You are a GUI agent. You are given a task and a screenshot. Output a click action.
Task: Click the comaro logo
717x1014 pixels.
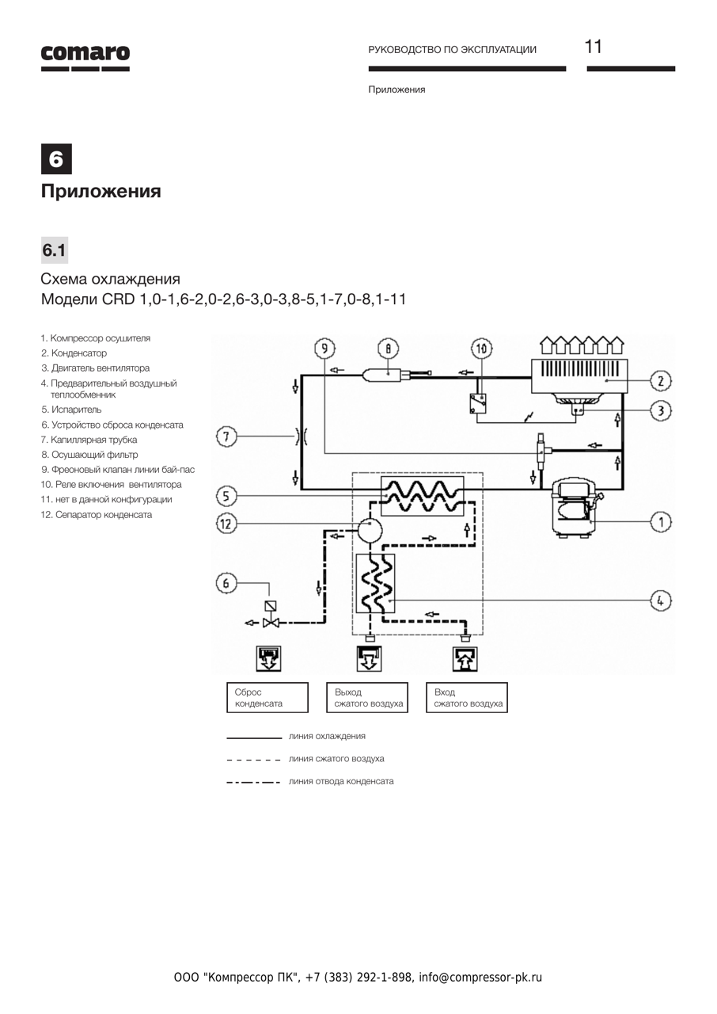(85, 58)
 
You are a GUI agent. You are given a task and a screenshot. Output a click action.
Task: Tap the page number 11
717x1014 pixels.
(593, 47)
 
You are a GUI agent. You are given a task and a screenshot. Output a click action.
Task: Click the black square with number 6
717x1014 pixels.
(56, 159)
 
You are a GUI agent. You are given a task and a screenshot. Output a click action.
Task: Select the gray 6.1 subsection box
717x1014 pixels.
(55, 250)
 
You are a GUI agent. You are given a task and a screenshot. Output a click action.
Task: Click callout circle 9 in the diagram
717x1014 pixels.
(324, 349)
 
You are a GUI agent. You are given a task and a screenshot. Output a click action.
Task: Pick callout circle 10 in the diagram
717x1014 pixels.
(482, 349)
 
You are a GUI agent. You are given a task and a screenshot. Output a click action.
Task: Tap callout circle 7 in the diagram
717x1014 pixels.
(226, 436)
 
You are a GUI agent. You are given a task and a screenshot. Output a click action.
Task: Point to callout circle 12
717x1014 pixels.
(226, 524)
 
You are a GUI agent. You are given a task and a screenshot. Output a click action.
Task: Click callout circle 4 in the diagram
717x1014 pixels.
(661, 600)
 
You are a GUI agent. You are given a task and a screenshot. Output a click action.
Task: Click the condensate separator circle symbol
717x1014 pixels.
(370, 530)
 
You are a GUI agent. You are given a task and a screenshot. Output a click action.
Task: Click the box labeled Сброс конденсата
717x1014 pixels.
(267, 698)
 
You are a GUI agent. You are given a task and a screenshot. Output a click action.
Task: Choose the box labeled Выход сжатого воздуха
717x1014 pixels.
(367, 698)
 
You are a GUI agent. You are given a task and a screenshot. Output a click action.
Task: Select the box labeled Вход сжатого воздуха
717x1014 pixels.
(467, 698)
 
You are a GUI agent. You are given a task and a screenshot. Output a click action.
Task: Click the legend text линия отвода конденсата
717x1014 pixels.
(341, 781)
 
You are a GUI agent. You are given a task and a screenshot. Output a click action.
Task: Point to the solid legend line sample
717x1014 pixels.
(254, 738)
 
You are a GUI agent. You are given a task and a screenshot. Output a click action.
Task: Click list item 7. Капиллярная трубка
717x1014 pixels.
(89, 440)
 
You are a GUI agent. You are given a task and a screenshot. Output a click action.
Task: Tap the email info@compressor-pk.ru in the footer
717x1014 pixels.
(480, 978)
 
